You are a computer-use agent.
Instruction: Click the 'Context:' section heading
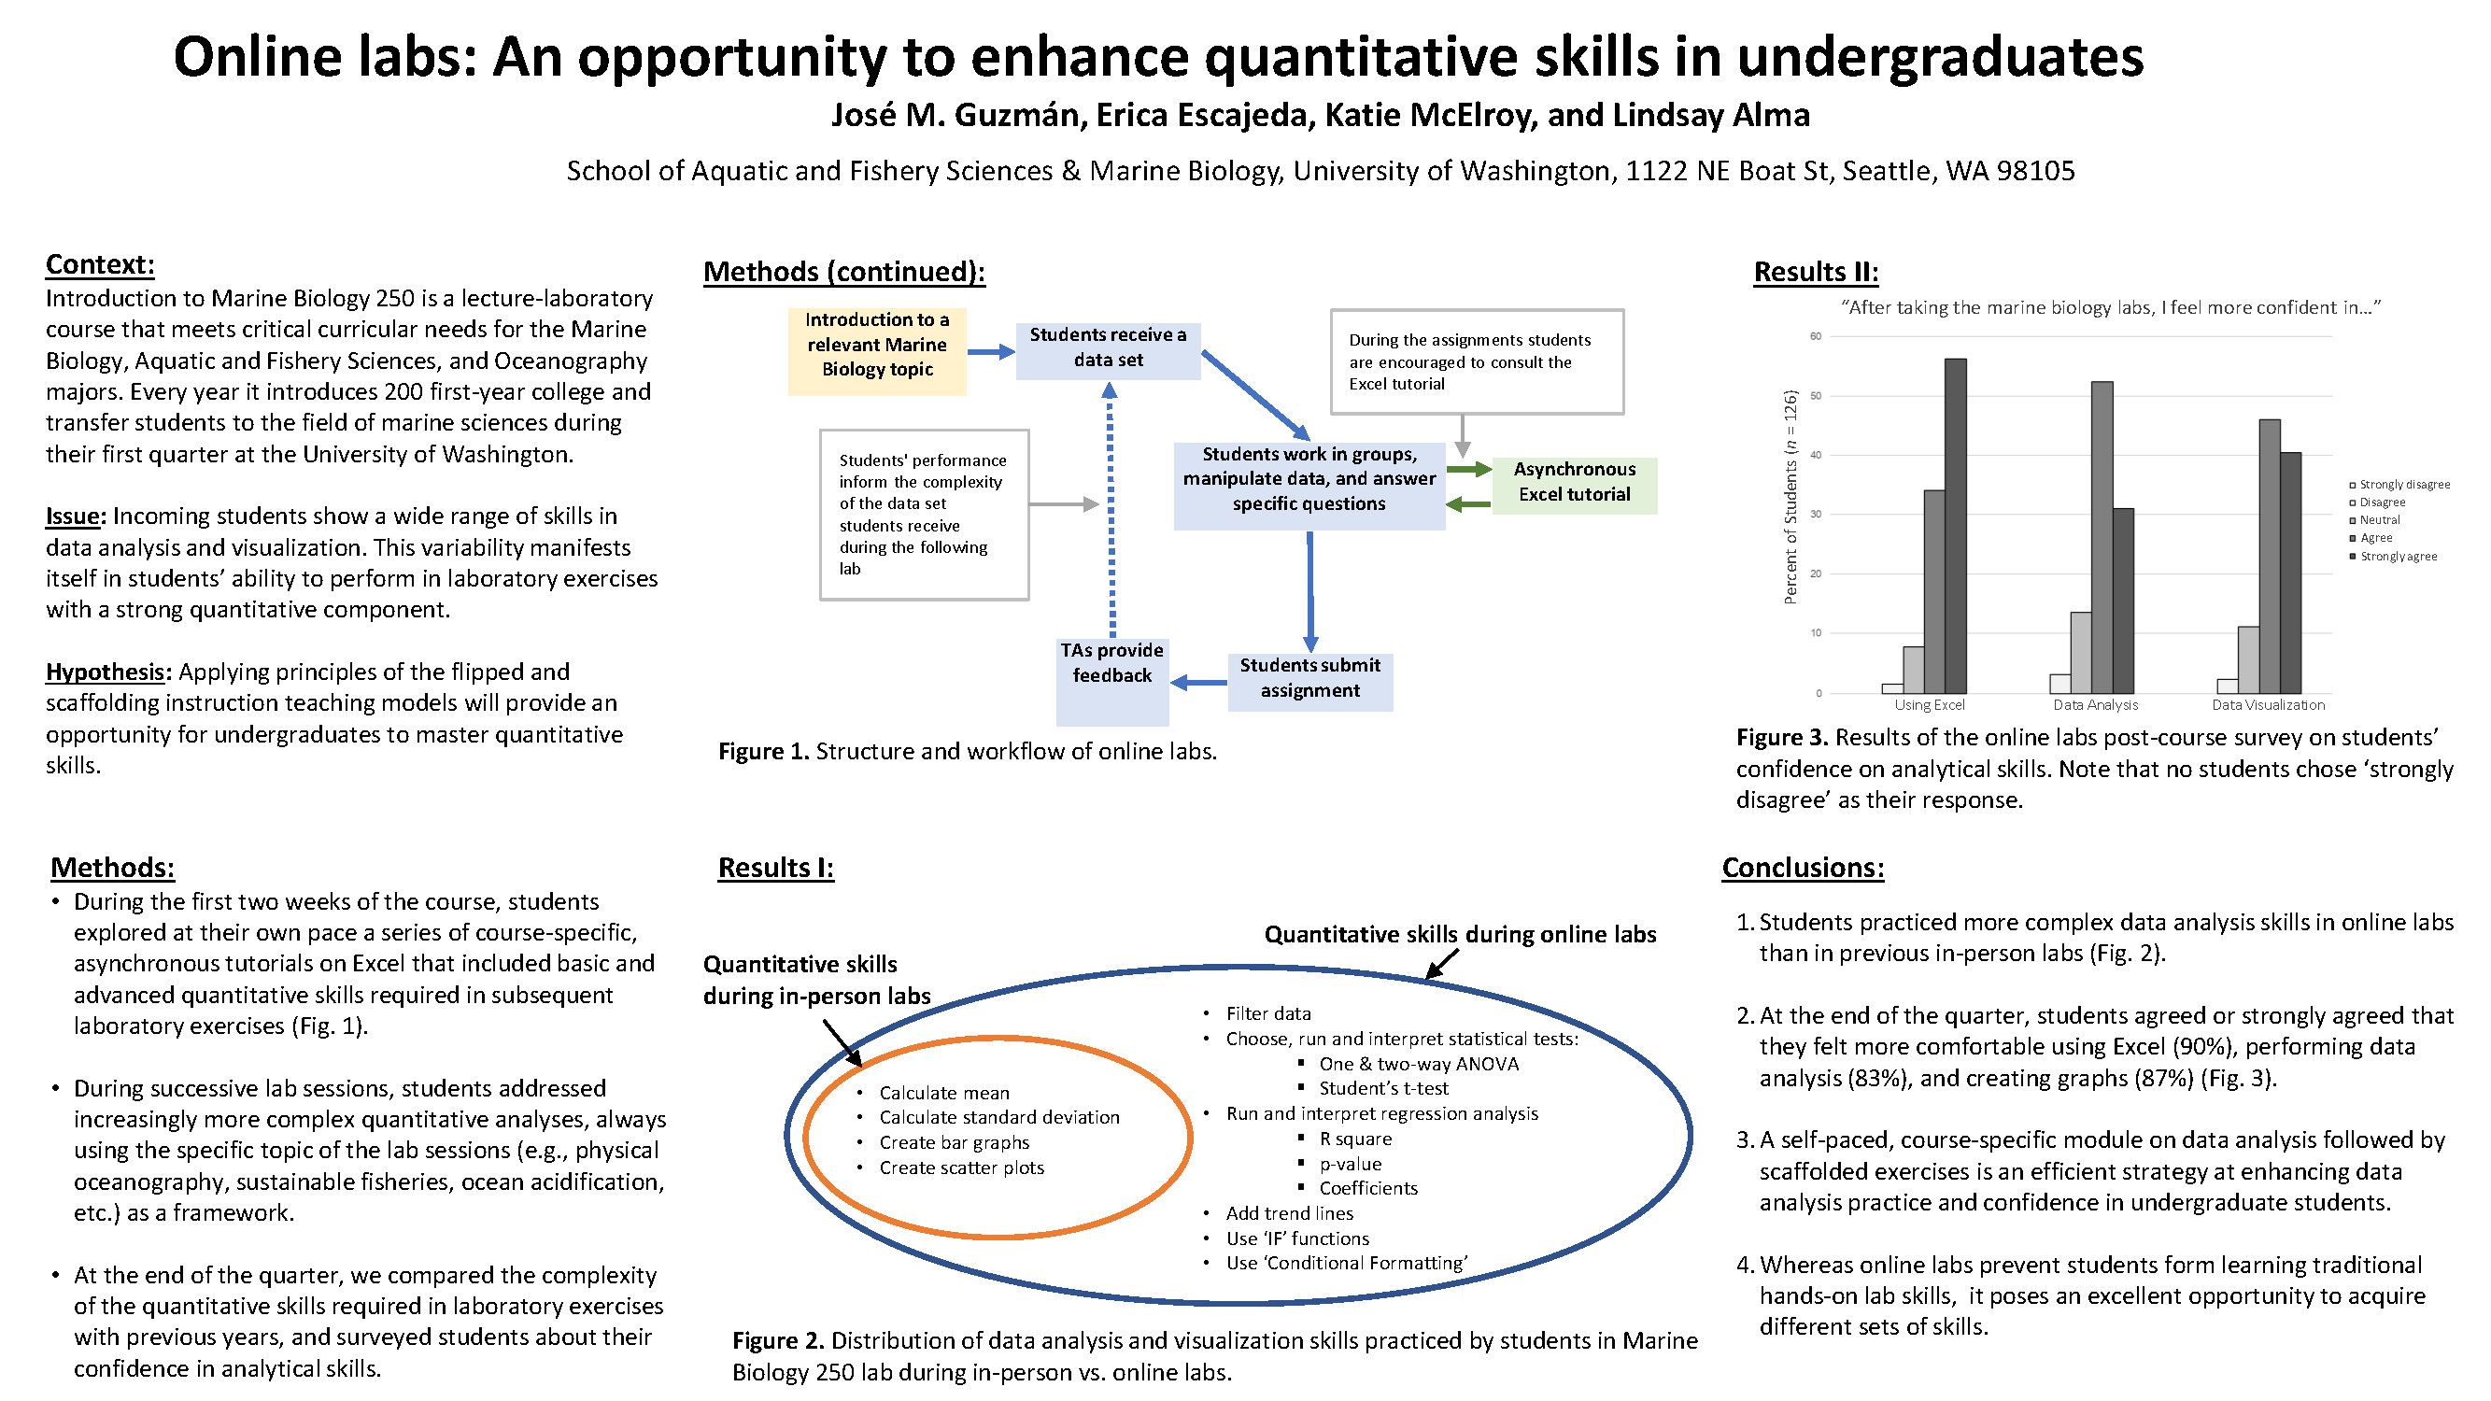tap(100, 264)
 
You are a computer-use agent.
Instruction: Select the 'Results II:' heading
tap(1816, 272)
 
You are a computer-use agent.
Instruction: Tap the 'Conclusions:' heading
tap(1803, 868)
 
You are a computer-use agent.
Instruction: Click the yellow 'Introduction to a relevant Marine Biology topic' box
tap(877, 346)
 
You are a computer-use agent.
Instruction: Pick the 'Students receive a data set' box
tap(1108, 348)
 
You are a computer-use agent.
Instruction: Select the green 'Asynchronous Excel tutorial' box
tap(1575, 483)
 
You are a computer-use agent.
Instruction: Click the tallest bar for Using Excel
tap(1955, 526)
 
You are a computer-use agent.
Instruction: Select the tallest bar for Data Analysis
tap(2102, 538)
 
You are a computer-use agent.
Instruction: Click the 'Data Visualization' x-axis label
tap(2268, 705)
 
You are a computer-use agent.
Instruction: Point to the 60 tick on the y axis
tap(1816, 336)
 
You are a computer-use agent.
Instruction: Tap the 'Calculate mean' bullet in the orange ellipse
tap(943, 1093)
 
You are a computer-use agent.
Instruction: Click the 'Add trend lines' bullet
tap(1289, 1212)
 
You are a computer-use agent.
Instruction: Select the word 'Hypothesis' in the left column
tap(105, 671)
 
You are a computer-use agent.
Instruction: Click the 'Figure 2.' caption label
tap(777, 1340)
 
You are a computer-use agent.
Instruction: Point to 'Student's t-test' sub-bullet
tap(1383, 1088)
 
